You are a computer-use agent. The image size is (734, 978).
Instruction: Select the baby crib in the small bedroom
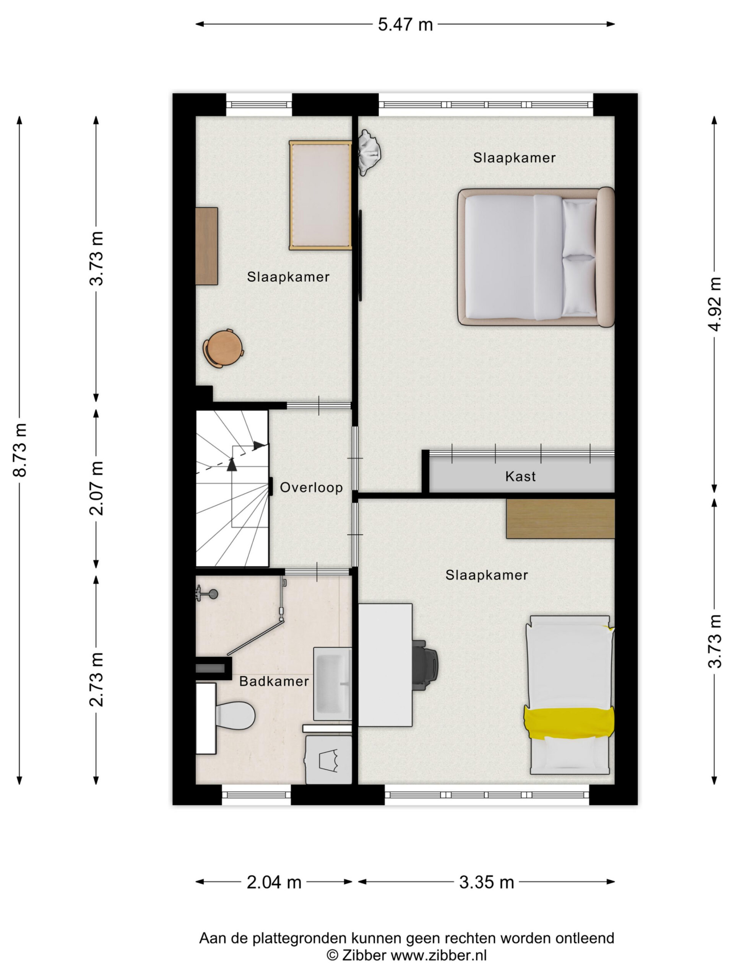[x=320, y=196]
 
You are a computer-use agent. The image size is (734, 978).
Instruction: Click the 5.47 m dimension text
[x=405, y=24]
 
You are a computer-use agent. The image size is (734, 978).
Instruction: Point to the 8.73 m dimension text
[x=20, y=450]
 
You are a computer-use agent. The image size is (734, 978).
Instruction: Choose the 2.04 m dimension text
[x=274, y=882]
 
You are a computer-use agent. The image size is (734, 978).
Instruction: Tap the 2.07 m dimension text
[x=96, y=488]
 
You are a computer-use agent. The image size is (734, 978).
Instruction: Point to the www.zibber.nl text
[x=439, y=955]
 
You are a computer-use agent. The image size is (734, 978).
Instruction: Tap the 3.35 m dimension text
[x=486, y=882]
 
